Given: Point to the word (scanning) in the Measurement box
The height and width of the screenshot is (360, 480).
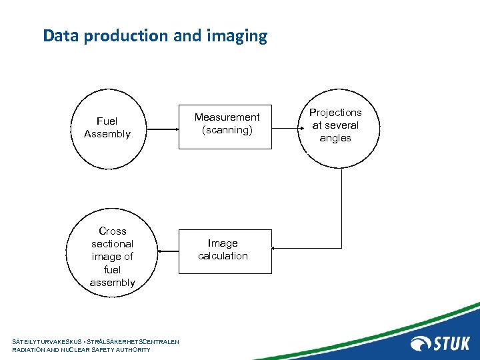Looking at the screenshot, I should (x=227, y=130).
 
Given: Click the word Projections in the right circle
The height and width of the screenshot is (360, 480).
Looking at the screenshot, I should (x=335, y=113).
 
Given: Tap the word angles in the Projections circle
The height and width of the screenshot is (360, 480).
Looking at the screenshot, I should (x=335, y=138).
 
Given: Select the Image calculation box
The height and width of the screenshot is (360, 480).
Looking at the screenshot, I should (x=225, y=250).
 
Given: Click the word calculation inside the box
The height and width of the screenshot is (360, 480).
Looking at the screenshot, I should (x=223, y=256).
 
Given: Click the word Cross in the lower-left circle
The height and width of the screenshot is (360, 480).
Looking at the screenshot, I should (x=112, y=231).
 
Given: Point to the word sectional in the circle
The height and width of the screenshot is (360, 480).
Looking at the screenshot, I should (x=112, y=244).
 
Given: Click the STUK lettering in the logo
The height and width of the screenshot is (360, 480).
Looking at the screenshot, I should (x=453, y=344).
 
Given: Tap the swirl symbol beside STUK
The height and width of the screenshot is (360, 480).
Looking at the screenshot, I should (x=422, y=344).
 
